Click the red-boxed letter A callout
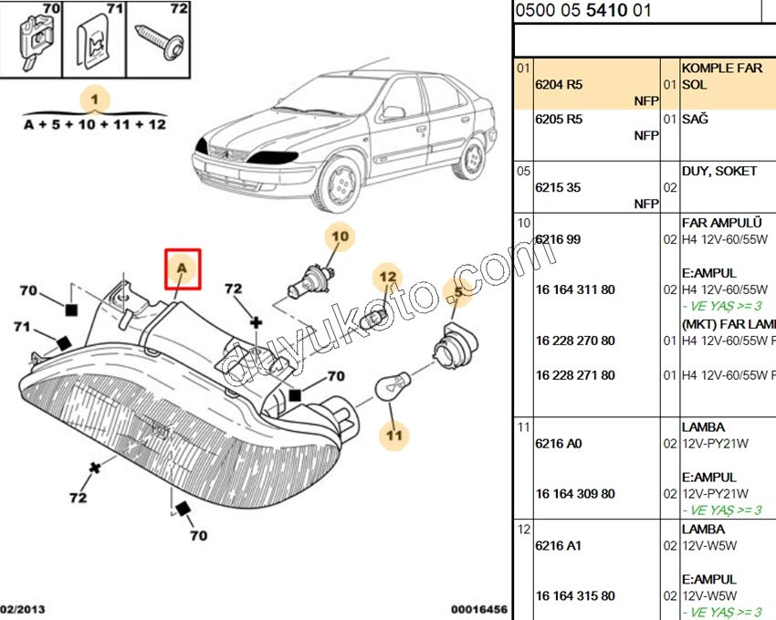[x=182, y=268]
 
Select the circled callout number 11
[x=393, y=436]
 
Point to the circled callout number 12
[x=388, y=277]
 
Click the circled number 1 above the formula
[x=95, y=99]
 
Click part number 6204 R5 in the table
[x=558, y=84]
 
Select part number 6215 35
[x=558, y=187]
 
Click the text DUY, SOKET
[x=718, y=171]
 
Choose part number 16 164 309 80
[x=575, y=494]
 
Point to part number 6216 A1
[x=558, y=546]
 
